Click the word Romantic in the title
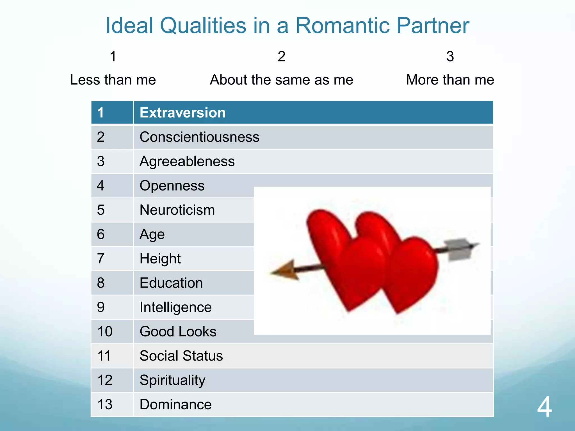pyautogui.click(x=343, y=26)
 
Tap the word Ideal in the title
pyautogui.click(x=129, y=26)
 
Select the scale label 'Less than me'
pyautogui.click(x=113, y=80)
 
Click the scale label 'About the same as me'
pyautogui.click(x=281, y=80)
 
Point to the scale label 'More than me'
pyautogui.click(x=450, y=80)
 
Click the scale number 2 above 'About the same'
pyautogui.click(x=281, y=56)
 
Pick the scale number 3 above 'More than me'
pyautogui.click(x=450, y=56)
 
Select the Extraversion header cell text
pyautogui.click(x=182, y=113)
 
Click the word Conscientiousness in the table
pyautogui.click(x=199, y=137)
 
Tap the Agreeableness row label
pyautogui.click(x=187, y=162)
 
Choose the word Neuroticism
pyautogui.click(x=177, y=210)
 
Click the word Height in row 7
pyautogui.click(x=160, y=259)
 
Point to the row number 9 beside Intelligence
pyautogui.click(x=101, y=307)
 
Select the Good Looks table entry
pyautogui.click(x=178, y=332)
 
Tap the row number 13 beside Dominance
pyautogui.click(x=105, y=405)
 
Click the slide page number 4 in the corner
pyautogui.click(x=544, y=407)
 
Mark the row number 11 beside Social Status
pyautogui.click(x=104, y=356)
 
